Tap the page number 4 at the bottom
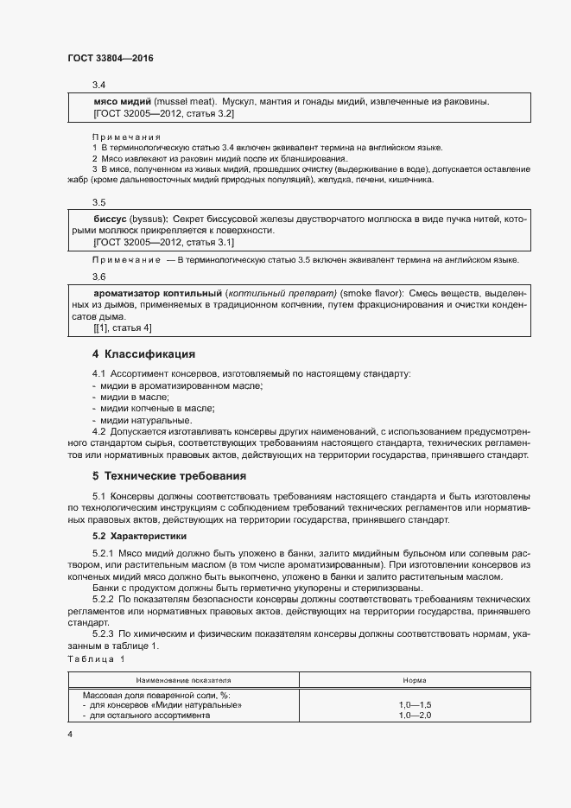click(x=70, y=733)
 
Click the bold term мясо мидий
click(x=121, y=102)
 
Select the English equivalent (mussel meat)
click(x=182, y=102)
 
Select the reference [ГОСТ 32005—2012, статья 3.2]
click(x=163, y=113)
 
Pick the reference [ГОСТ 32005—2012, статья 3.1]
click(x=163, y=243)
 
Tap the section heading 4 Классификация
click(x=143, y=354)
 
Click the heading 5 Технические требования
click(x=169, y=476)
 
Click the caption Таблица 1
click(x=97, y=659)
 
